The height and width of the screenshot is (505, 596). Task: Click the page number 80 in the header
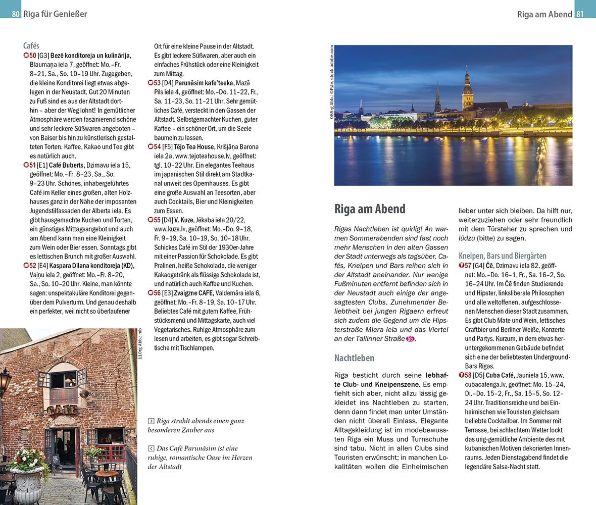16,14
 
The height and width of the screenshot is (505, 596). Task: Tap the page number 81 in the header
580,14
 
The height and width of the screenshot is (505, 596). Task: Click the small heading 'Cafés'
31,45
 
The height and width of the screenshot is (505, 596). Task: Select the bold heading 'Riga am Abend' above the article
370,209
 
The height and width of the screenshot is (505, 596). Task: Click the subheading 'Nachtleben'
354,358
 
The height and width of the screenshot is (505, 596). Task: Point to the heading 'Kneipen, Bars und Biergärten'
502,256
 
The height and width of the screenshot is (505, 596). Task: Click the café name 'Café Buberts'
66,165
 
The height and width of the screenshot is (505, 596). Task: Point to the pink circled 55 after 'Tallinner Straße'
410,339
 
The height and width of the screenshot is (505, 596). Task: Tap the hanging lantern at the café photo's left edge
5,381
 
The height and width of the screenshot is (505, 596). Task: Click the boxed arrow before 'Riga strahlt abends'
151,421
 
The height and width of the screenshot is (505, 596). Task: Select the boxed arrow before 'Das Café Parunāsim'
151,448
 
